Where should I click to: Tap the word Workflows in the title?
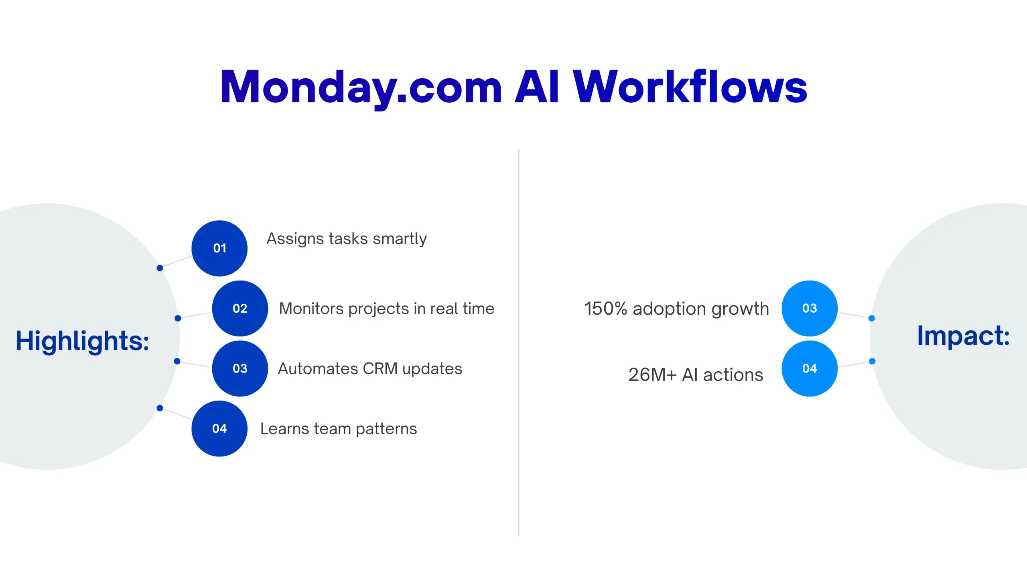pyautogui.click(x=690, y=86)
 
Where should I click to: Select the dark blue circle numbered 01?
pyautogui.click(x=219, y=248)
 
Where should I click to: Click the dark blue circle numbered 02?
pyautogui.click(x=240, y=308)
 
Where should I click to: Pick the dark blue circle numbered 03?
pyautogui.click(x=240, y=368)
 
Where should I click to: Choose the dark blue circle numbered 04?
pyautogui.click(x=219, y=428)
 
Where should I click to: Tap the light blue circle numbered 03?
pyautogui.click(x=810, y=308)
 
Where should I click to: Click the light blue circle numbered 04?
pyautogui.click(x=810, y=368)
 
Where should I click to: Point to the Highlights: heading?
pyautogui.click(x=82, y=341)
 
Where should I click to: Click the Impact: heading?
pyautogui.click(x=963, y=336)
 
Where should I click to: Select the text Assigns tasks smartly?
pyautogui.click(x=347, y=239)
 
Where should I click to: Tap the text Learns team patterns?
pyautogui.click(x=339, y=429)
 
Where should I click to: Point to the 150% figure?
pyautogui.click(x=605, y=309)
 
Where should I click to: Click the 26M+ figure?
pyautogui.click(x=653, y=375)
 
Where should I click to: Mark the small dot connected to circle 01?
pyautogui.click(x=160, y=268)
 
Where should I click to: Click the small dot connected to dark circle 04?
pyautogui.click(x=160, y=408)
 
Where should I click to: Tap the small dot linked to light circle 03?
pyautogui.click(x=871, y=318)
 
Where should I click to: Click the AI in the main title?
pyautogui.click(x=537, y=87)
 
